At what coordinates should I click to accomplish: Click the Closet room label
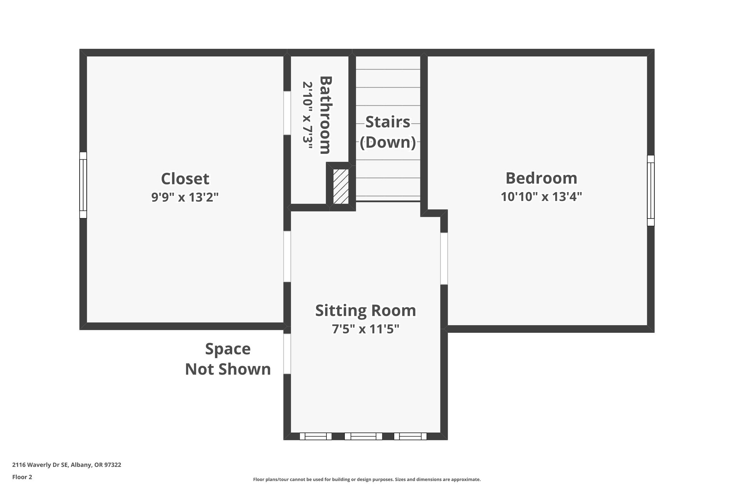185,179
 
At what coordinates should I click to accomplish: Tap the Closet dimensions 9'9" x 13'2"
185,197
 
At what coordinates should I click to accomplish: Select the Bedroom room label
541,178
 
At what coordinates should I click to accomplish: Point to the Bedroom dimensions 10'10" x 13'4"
541,197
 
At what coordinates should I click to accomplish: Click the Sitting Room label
366,310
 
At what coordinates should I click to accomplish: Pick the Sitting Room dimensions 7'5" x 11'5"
366,329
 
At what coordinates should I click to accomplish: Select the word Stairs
387,122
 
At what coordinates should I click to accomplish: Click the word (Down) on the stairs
387,142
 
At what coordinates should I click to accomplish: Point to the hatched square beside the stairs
341,186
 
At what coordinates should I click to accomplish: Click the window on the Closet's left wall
83,185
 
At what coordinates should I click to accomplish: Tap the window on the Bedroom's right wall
650,190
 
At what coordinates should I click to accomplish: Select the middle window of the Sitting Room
363,436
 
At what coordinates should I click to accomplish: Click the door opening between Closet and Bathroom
287,113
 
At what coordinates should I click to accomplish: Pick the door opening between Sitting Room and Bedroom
444,258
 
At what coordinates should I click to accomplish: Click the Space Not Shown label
228,359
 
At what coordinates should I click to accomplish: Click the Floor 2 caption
22,477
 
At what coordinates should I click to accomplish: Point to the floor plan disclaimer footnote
367,479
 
